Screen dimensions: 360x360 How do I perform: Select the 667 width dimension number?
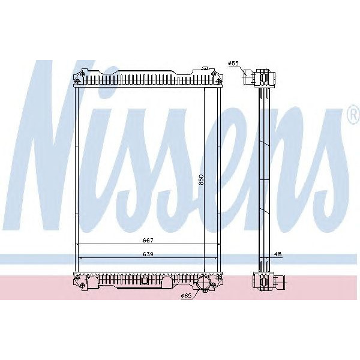click(147, 241)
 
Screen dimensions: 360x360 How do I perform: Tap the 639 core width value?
click(147, 254)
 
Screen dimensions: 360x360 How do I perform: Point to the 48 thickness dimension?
click(278, 254)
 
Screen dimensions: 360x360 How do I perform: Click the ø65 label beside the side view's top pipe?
click(234, 63)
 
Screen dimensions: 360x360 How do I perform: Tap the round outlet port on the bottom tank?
click(204, 282)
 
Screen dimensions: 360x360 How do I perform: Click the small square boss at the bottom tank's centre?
click(143, 280)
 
